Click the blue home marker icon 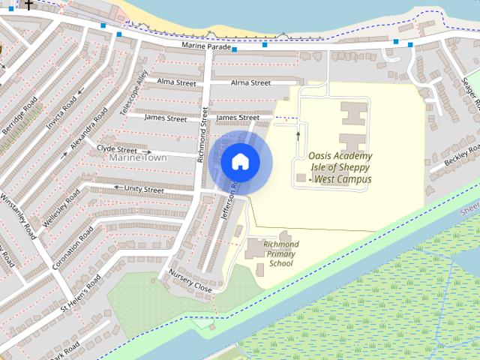click(240, 161)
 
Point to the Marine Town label click(138, 158)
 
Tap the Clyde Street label click(118, 148)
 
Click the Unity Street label click(143, 190)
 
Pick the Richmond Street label click(202, 136)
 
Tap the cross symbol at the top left click(28, 4)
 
